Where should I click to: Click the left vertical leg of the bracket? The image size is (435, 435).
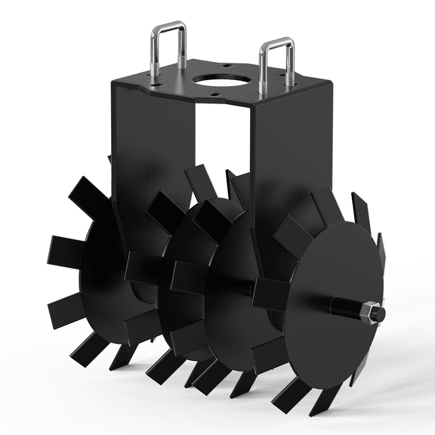151,151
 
